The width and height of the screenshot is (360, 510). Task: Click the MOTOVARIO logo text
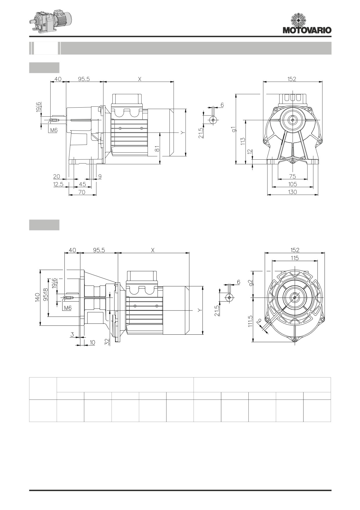(307, 30)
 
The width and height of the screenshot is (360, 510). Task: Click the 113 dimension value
(243, 141)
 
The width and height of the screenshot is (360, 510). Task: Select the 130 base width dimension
(293, 192)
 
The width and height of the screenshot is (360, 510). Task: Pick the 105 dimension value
(293, 184)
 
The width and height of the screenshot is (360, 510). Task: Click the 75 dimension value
(293, 176)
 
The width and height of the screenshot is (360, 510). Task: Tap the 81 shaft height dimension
(157, 149)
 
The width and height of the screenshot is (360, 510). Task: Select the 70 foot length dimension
(82, 192)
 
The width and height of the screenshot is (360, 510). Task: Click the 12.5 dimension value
(58, 184)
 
